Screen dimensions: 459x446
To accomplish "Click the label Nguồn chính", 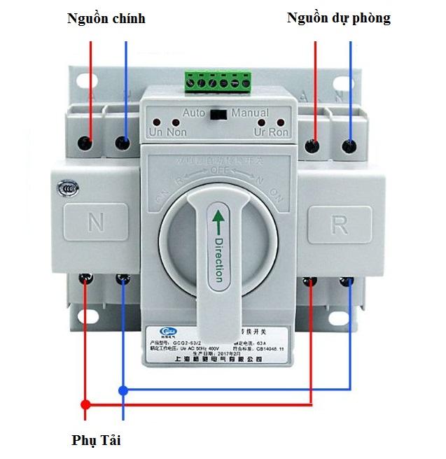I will (x=106, y=19).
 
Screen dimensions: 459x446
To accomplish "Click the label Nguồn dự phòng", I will (x=339, y=19).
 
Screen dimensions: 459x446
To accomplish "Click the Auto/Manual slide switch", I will (x=219, y=113).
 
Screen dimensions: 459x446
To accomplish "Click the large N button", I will (x=95, y=223).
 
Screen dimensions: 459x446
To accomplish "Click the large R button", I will (x=338, y=223).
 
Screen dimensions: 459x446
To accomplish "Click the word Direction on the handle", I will (x=218, y=258).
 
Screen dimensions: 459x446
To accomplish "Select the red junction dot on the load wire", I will (x=85, y=404).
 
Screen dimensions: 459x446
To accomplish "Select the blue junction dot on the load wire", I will (x=123, y=390).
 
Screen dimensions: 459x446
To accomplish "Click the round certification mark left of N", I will (x=68, y=188).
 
